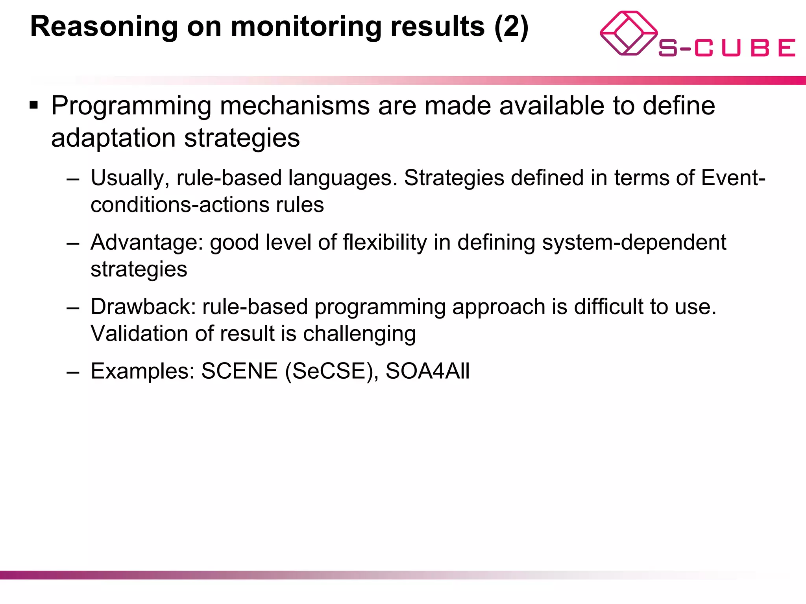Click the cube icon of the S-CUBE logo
[628, 33]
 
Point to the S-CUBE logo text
[727, 48]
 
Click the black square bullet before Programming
[34, 105]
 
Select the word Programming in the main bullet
[131, 106]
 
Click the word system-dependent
[634, 242]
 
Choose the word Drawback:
[143, 307]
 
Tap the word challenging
[359, 334]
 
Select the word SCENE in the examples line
[239, 371]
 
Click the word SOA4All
[427, 371]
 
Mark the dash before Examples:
[73, 372]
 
